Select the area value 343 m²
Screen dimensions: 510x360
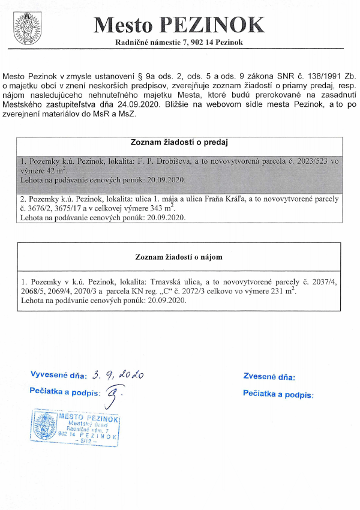162,208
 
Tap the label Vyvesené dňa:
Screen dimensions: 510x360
58,376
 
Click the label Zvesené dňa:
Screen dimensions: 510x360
269,377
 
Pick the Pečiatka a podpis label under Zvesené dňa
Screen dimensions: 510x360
278,394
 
